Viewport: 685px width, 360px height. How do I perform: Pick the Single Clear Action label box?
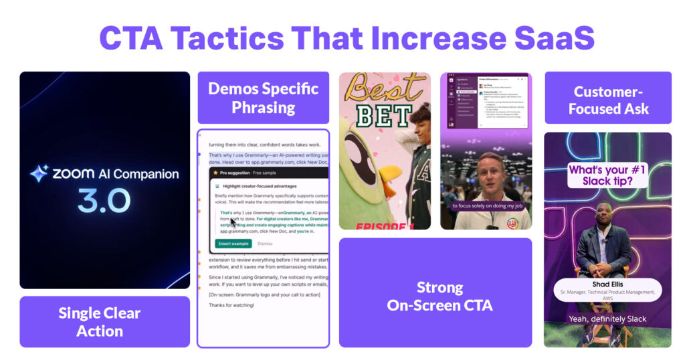tap(100, 322)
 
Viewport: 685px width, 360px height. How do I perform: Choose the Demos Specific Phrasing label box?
tap(263, 98)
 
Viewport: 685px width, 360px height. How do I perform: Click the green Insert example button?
tap(233, 244)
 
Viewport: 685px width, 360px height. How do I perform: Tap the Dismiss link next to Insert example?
tap(265, 244)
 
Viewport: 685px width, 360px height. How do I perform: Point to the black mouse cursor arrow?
tap(233, 223)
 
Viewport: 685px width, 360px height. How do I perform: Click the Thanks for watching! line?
tap(231, 305)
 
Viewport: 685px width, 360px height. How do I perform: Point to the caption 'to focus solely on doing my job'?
tap(484, 205)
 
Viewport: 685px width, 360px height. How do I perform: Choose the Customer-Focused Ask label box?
tap(608, 100)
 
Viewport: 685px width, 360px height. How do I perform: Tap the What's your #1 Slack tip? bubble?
tap(607, 175)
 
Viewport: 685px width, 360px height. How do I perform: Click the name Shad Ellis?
tap(607, 284)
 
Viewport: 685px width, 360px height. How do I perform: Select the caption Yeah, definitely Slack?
tap(607, 319)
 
